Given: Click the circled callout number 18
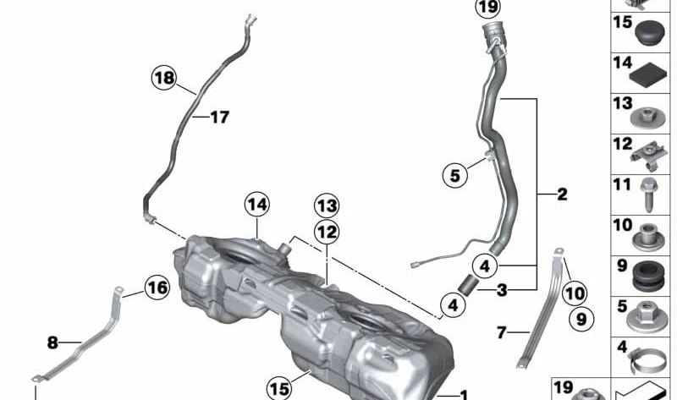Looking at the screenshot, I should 164,79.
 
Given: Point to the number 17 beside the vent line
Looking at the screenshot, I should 219,118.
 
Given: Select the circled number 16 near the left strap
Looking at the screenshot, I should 156,288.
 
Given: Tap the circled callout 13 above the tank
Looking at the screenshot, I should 327,205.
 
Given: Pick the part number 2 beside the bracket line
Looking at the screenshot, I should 563,194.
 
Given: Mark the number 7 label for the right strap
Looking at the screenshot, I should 501,333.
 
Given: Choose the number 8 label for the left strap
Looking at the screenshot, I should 52,342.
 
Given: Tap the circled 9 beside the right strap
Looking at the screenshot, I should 581,319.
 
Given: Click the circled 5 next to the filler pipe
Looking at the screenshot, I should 454,176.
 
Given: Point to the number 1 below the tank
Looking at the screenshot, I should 463,394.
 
